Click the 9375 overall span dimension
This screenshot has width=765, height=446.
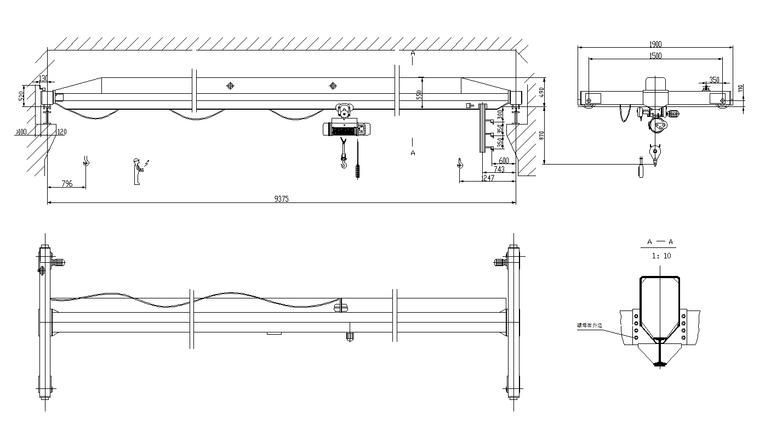[x=282, y=199]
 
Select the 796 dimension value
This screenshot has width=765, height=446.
[x=66, y=184]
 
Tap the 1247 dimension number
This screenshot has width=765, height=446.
[x=487, y=178]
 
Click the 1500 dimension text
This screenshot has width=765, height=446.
[x=655, y=55]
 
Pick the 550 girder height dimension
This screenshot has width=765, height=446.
[x=420, y=94]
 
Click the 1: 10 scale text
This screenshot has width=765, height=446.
[x=661, y=256]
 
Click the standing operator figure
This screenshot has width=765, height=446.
[x=137, y=171]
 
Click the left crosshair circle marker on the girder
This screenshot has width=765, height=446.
[x=230, y=86]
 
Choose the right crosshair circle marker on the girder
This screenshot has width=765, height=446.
[x=333, y=86]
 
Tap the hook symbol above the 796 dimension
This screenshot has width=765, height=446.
[x=85, y=161]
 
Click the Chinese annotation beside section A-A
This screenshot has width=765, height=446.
[x=589, y=325]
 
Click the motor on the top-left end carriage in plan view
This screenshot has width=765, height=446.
[x=59, y=263]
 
